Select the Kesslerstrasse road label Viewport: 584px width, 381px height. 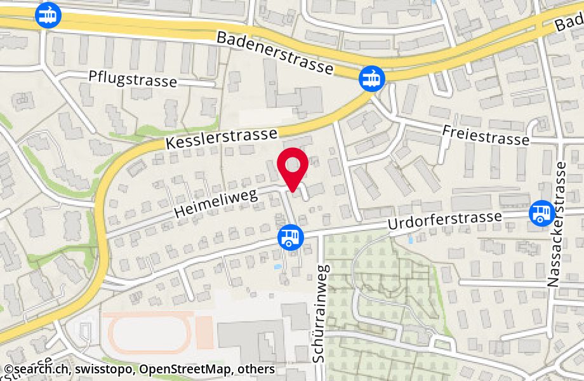pyautogui.click(x=222, y=139)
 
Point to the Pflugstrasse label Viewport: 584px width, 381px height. pyautogui.click(x=133, y=80)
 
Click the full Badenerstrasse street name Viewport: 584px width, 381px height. pyautogui.click(x=274, y=53)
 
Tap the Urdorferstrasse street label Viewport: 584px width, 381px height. pyautogui.click(x=445, y=223)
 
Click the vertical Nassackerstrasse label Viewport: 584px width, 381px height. pyautogui.click(x=560, y=224)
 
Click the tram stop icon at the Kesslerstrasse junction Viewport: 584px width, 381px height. pyautogui.click(x=371, y=79)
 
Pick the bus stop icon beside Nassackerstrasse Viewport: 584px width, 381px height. pyautogui.click(x=541, y=213)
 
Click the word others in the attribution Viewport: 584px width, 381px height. pyautogui.click(x=256, y=369)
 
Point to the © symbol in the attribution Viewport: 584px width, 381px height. pyautogui.click(x=8, y=369)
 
